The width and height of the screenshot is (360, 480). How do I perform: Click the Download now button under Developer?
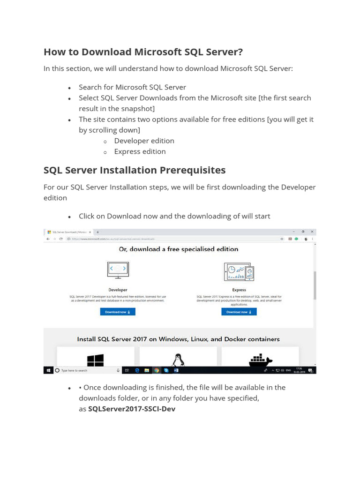(118, 312)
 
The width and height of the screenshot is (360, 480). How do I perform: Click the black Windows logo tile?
(96, 360)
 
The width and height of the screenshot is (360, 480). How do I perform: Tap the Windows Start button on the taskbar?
(48, 370)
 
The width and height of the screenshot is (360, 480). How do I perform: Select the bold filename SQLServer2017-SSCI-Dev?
(132, 409)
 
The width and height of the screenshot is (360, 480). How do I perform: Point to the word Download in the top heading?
(109, 52)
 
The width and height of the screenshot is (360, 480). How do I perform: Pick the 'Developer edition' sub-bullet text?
(144, 141)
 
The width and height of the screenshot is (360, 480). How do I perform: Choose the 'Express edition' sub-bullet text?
(140, 151)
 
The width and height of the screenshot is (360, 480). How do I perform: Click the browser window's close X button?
(312, 232)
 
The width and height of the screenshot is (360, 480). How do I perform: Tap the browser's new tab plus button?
(97, 232)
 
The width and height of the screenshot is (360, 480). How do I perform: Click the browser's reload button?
(61, 239)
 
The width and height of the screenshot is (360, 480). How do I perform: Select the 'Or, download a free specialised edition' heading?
(179, 249)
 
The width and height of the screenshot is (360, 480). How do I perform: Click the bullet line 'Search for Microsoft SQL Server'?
(132, 87)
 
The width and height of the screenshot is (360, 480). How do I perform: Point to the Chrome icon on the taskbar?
(156, 370)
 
